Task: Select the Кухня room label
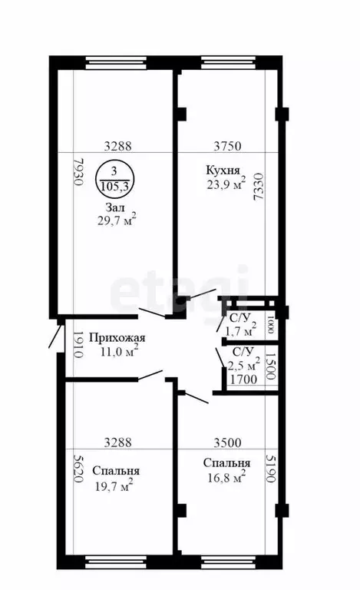click(x=223, y=171)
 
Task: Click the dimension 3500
click(x=227, y=442)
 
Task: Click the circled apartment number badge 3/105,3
click(x=114, y=178)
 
